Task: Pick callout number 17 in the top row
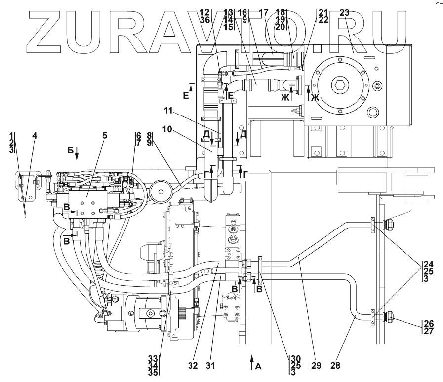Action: click(263, 12)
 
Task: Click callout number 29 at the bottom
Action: click(316, 366)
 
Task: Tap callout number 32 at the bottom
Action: click(193, 366)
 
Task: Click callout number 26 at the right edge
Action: click(428, 323)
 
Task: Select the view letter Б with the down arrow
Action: click(71, 150)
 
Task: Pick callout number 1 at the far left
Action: click(11, 135)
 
